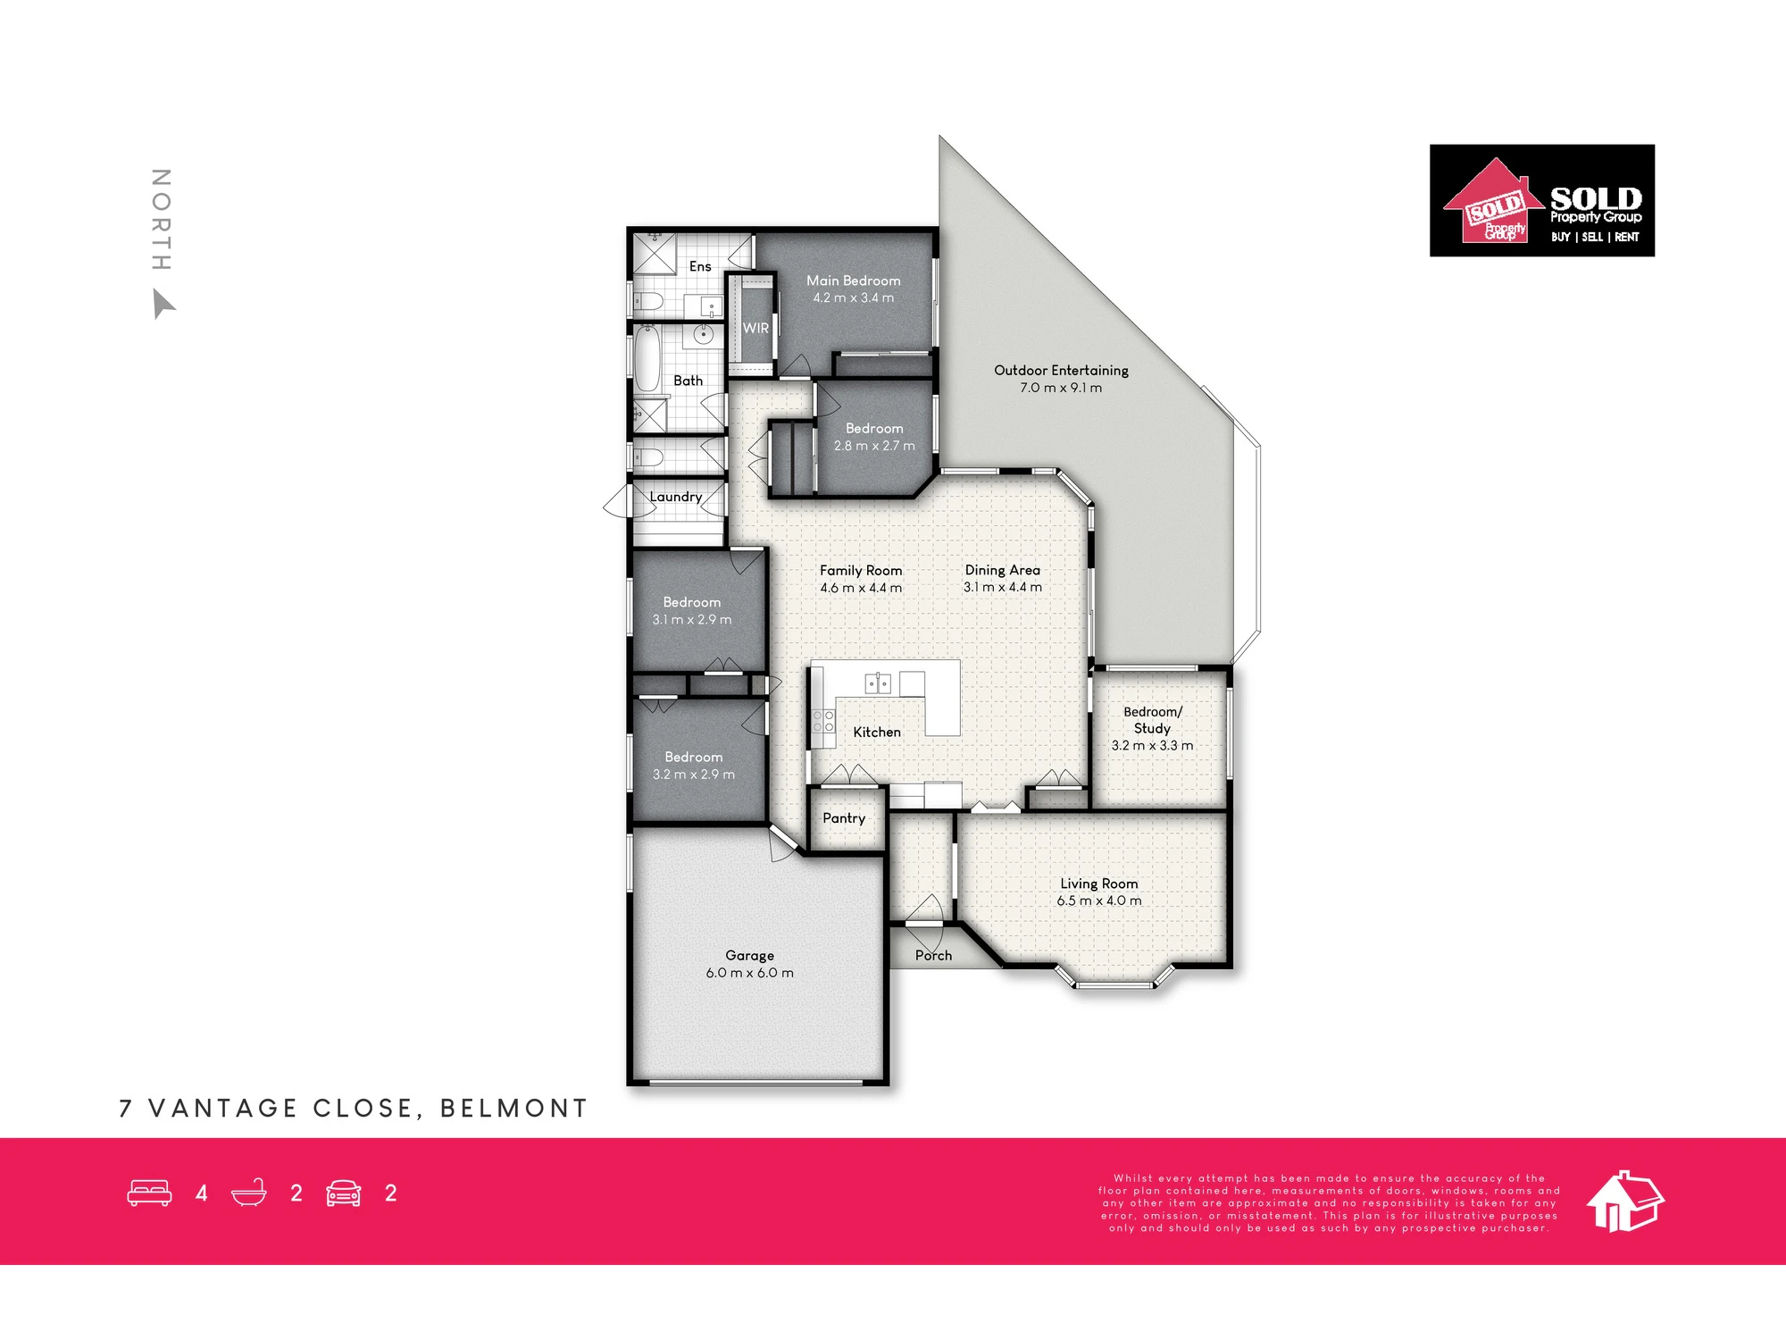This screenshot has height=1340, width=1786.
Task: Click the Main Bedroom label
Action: (853, 281)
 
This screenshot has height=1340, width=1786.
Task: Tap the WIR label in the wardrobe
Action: (755, 328)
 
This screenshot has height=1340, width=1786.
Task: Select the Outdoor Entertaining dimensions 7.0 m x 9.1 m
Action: (1061, 388)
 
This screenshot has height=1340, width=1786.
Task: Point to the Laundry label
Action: (676, 497)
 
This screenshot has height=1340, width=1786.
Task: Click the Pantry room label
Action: (844, 818)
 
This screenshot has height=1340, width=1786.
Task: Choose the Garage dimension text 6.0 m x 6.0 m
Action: (749, 973)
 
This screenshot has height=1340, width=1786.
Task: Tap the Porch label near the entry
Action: (933, 955)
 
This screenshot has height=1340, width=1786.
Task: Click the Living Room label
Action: (1098, 884)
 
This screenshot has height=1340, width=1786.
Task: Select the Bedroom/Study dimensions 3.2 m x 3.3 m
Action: (1152, 745)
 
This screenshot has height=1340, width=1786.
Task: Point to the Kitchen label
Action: (877, 732)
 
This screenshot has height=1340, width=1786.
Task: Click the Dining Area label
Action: (1002, 570)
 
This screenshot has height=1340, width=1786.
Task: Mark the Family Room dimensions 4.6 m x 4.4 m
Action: (861, 588)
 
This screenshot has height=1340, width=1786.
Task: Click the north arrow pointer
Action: (163, 303)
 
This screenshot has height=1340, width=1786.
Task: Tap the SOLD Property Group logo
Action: (1542, 201)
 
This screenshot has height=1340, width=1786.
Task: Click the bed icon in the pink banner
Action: (149, 1193)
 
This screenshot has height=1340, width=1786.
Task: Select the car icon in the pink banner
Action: (344, 1193)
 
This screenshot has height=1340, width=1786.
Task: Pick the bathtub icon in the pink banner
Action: (249, 1193)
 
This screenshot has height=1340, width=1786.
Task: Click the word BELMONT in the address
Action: (513, 1109)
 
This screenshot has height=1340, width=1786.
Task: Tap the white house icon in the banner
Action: (1625, 1201)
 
